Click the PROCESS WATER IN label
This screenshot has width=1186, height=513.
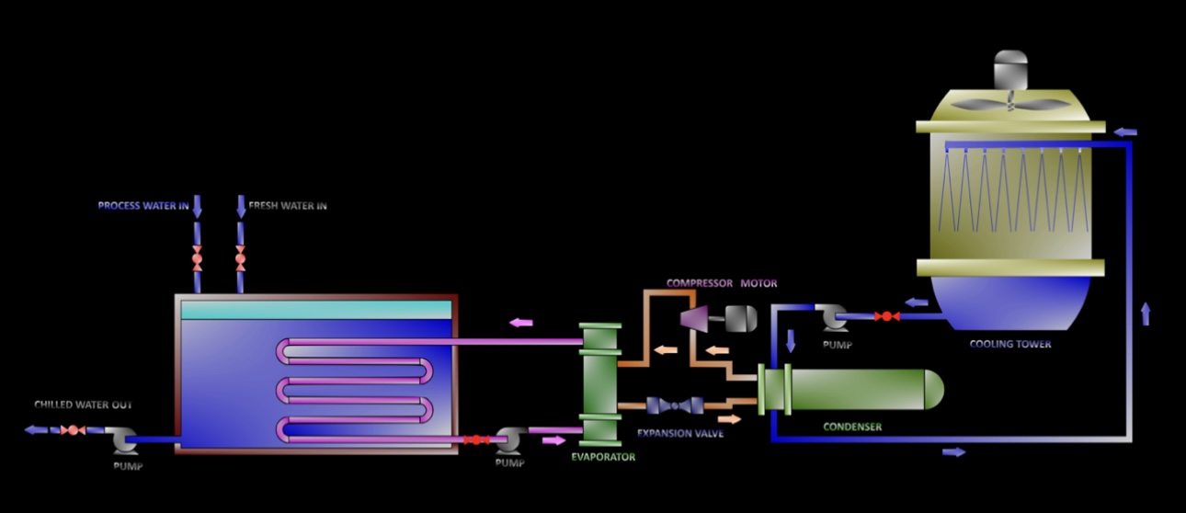[x=143, y=205]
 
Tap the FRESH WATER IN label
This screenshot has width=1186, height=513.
[x=288, y=205]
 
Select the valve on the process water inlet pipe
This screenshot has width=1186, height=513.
[x=197, y=259]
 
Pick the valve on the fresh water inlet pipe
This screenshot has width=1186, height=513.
[x=240, y=259]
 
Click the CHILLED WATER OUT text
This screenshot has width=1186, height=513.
[x=83, y=405]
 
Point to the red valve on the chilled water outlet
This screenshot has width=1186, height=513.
[x=73, y=430]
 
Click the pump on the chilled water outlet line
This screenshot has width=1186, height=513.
[x=124, y=440]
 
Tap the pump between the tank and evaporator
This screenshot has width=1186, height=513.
[x=510, y=439]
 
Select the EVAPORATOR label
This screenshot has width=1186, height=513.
[x=603, y=457]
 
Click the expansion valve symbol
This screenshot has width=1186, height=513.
[x=675, y=406]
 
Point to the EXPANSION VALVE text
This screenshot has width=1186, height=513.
[x=680, y=434]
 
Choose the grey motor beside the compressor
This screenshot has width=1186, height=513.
[x=741, y=319]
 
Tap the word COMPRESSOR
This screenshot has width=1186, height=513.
[x=700, y=283]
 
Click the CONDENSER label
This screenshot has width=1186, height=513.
[x=852, y=427]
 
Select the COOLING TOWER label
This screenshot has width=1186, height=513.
[x=1010, y=344]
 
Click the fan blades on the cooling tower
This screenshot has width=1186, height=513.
[x=1010, y=104]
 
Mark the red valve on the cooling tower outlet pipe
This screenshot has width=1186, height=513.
[x=887, y=316]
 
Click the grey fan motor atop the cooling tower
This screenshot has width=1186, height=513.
[x=1010, y=70]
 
